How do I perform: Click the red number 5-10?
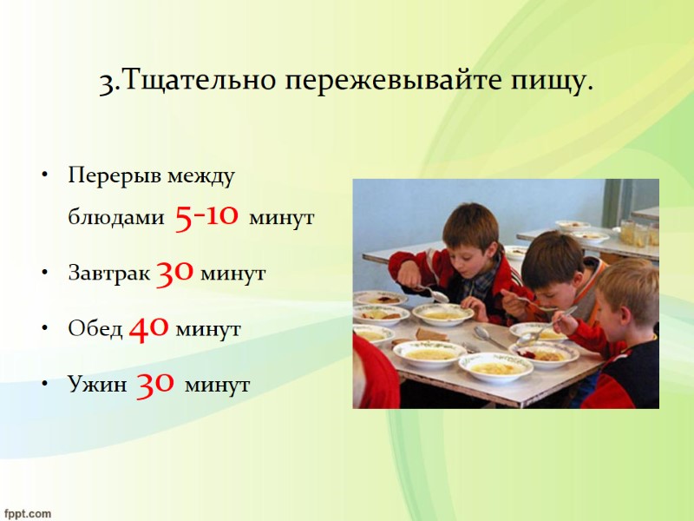tap(206, 216)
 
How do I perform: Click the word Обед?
tap(96, 329)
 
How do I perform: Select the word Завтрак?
tap(109, 274)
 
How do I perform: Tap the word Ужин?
tap(98, 384)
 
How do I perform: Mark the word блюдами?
tap(115, 217)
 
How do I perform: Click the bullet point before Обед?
tap(42, 330)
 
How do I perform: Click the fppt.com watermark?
tap(27, 512)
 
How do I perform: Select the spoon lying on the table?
tap(489, 338)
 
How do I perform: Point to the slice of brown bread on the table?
tap(431, 334)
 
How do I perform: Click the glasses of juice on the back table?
tap(638, 233)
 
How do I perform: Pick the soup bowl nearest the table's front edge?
tap(495, 366)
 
